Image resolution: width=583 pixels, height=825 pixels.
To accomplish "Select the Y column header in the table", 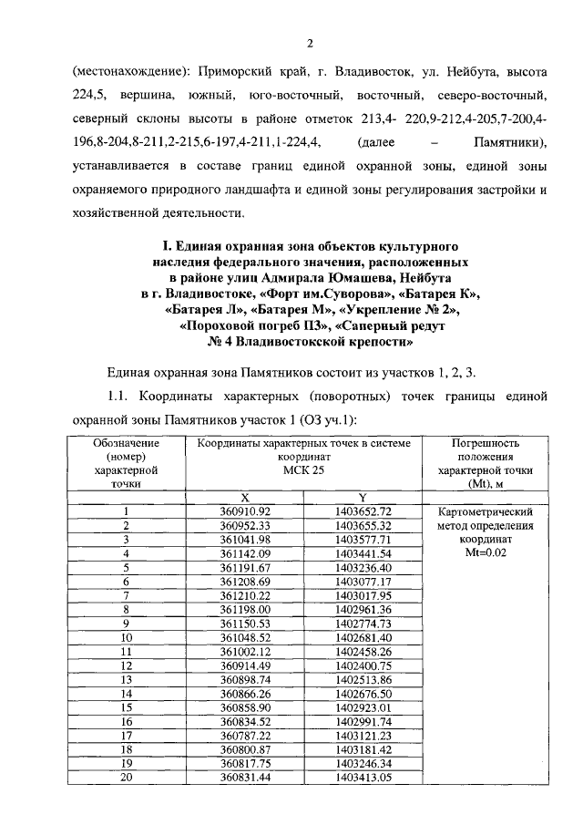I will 363,497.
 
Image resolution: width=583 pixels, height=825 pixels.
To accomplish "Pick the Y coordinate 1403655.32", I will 363,526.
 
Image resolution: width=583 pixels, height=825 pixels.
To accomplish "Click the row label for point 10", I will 128,637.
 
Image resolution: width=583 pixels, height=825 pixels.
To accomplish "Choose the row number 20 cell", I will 128,777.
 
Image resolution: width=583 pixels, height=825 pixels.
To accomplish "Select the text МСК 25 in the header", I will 303,469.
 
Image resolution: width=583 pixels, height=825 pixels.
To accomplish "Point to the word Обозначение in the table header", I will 127,442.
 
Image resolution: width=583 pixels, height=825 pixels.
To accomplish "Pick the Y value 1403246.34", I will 363,763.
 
